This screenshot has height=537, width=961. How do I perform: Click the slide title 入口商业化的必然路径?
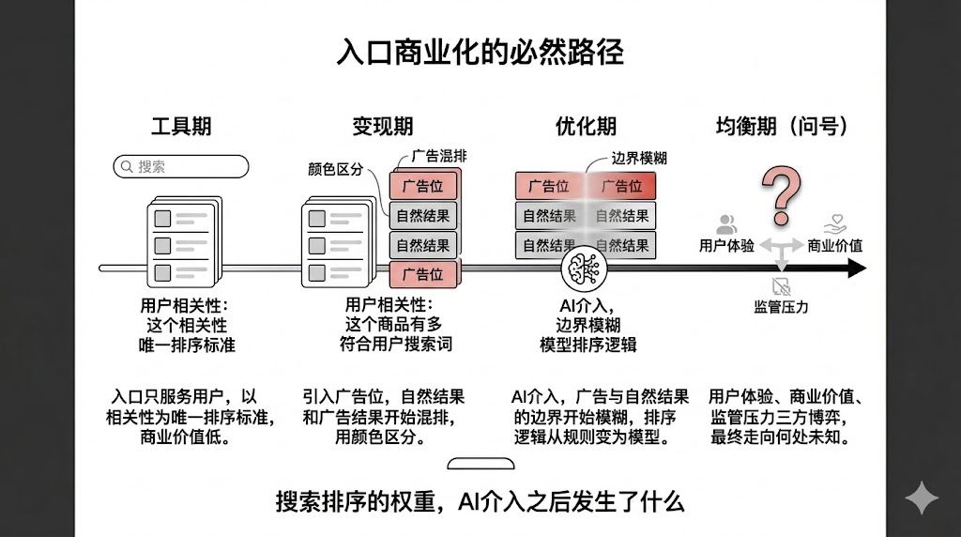pyautogui.click(x=480, y=52)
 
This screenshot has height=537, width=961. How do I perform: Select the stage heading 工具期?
pyautogui.click(x=181, y=127)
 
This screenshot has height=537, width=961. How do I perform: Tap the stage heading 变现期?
pyautogui.click(x=382, y=127)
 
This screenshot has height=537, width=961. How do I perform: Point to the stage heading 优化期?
pyautogui.click(x=586, y=127)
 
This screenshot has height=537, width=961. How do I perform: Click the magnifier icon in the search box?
pyautogui.click(x=126, y=167)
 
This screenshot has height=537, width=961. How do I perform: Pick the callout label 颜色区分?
pyautogui.click(x=335, y=170)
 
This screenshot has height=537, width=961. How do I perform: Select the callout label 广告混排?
pyautogui.click(x=438, y=157)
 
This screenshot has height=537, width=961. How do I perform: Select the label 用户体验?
pyautogui.click(x=726, y=246)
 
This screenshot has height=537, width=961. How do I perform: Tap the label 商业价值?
pyautogui.click(x=835, y=246)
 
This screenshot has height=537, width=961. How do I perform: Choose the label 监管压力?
pyautogui.click(x=781, y=306)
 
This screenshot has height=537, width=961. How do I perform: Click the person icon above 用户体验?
pyautogui.click(x=726, y=224)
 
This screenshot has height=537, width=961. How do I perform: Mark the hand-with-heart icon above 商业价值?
pyautogui.click(x=835, y=224)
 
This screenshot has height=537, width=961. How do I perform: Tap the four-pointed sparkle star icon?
pyautogui.click(x=921, y=499)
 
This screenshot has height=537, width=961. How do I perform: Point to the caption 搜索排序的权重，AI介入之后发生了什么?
pyautogui.click(x=480, y=501)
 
